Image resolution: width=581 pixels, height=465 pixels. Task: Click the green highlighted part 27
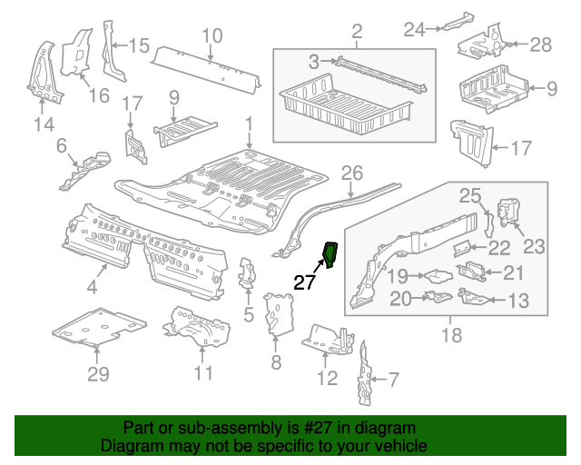[330, 256]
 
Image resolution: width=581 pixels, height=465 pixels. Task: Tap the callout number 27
[304, 282]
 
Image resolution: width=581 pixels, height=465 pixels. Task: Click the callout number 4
[92, 290]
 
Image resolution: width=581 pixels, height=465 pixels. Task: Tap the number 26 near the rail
[351, 172]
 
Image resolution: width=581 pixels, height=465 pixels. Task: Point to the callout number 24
[414, 30]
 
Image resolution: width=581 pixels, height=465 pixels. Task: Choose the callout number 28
[540, 45]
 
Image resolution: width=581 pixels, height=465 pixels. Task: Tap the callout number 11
[202, 373]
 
